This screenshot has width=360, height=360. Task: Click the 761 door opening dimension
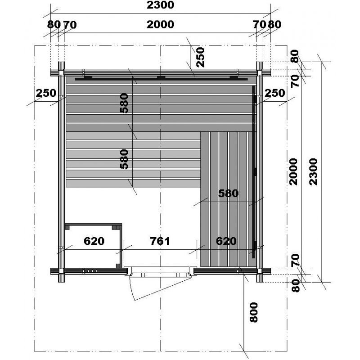click(x=160, y=241)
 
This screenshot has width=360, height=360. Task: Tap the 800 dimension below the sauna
click(x=254, y=312)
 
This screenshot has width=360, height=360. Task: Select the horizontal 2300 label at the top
click(x=160, y=5)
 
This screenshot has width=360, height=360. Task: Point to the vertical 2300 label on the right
click(x=313, y=171)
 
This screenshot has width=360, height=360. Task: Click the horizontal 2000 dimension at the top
click(x=160, y=24)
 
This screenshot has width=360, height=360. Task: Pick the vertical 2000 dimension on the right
click(x=293, y=171)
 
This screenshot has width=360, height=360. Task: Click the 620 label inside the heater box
click(x=94, y=241)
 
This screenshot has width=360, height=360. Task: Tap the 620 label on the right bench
click(x=226, y=241)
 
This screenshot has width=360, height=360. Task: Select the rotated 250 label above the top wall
click(x=200, y=57)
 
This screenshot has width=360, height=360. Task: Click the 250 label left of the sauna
click(x=46, y=93)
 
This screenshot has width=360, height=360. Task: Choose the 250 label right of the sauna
click(x=274, y=93)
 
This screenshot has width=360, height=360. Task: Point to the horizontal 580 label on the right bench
click(x=228, y=193)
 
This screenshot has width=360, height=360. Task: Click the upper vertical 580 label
click(x=124, y=103)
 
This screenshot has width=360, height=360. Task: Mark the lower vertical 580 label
click(x=124, y=159)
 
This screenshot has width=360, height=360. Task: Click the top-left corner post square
click(x=61, y=72)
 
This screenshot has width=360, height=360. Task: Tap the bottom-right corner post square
click(x=260, y=271)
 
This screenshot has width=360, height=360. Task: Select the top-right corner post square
click(x=260, y=72)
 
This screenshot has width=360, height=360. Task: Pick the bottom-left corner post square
click(x=61, y=271)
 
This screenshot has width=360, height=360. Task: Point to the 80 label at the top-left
click(x=54, y=24)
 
